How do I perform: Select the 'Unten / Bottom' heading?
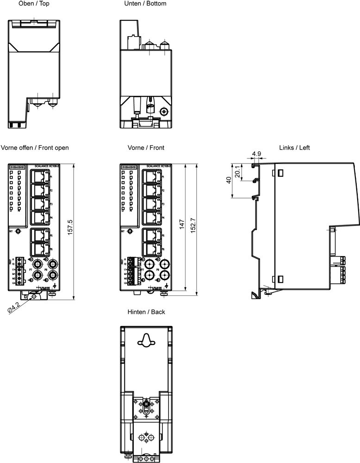(x=145, y=4)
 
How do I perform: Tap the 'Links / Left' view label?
(x=294, y=148)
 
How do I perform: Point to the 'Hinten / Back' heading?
(x=146, y=312)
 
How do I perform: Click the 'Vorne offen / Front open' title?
(x=35, y=148)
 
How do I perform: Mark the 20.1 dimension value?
(x=237, y=172)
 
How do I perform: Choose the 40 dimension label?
(x=228, y=181)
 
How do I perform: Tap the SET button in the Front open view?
(x=18, y=231)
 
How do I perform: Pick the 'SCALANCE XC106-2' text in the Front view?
(x=159, y=166)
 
